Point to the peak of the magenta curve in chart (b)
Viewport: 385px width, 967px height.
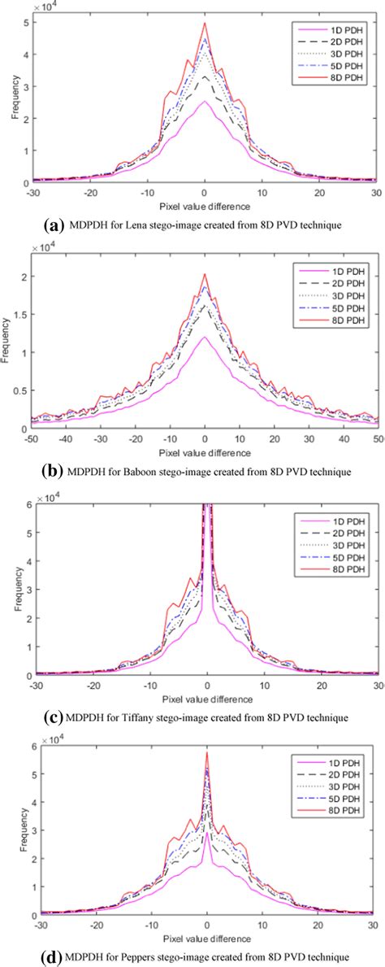(x=205, y=338)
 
